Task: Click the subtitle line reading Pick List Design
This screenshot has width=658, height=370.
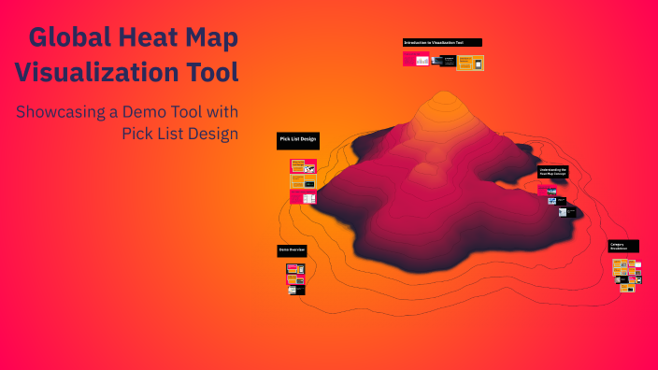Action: click(179, 134)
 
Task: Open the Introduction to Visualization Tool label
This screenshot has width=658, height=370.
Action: click(442, 43)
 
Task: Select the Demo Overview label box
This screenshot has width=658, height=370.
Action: click(292, 251)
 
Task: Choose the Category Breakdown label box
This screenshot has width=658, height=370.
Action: click(624, 247)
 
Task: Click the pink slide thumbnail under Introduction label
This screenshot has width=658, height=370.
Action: click(416, 59)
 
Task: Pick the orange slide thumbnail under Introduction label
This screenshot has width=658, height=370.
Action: click(470, 63)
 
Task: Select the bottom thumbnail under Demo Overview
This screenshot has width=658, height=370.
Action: click(296, 290)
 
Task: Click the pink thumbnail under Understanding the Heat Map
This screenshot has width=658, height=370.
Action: click(543, 191)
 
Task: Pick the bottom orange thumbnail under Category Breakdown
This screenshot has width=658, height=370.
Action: click(627, 288)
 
